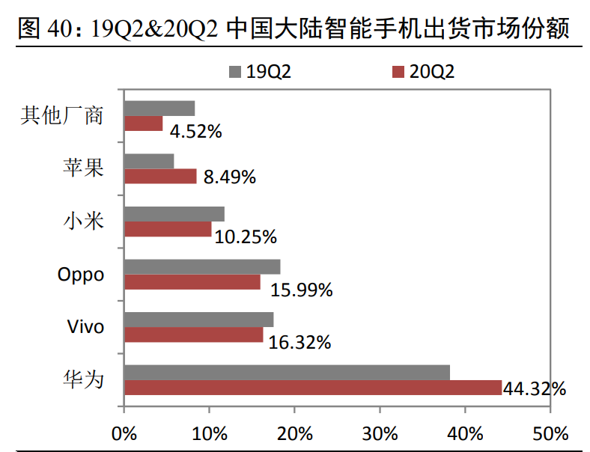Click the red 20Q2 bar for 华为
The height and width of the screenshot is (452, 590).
(x=313, y=387)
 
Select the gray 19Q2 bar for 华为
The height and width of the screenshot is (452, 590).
(x=287, y=373)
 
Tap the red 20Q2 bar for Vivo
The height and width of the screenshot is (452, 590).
(x=194, y=335)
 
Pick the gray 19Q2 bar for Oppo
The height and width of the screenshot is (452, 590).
(x=202, y=267)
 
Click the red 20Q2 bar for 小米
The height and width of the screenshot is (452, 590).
(x=168, y=229)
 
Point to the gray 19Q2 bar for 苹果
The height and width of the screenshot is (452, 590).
(x=149, y=162)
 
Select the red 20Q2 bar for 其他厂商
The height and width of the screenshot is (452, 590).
(x=143, y=123)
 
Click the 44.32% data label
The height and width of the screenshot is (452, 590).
(x=534, y=389)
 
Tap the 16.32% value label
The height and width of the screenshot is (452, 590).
(x=299, y=343)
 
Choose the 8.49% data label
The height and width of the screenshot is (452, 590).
(x=229, y=177)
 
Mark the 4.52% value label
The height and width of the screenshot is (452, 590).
(x=195, y=132)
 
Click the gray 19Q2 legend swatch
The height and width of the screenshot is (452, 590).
(x=235, y=72)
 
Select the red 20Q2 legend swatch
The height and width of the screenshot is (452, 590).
(x=398, y=72)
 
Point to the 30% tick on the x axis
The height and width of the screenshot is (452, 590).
(x=380, y=433)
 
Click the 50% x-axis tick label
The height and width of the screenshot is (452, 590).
(x=550, y=433)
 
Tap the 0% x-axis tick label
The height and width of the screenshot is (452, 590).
(x=124, y=433)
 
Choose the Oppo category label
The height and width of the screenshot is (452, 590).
(x=81, y=275)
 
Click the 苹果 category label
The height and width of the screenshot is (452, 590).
(x=82, y=168)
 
